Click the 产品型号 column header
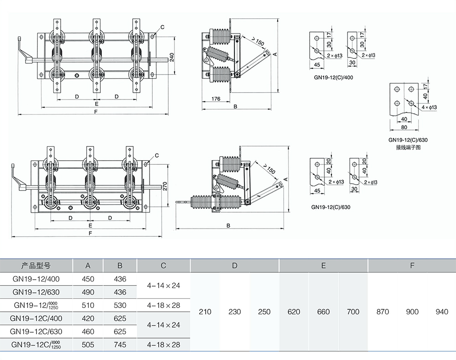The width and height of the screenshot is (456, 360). (x=36, y=266)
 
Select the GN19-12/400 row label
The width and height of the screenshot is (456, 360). (x=36, y=279)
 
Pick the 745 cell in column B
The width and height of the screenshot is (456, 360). (x=120, y=345)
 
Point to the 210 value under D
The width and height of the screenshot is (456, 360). (x=205, y=312)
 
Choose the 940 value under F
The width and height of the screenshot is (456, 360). (x=441, y=312)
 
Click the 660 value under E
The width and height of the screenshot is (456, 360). (x=323, y=312)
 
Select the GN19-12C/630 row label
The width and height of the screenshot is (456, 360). (x=36, y=332)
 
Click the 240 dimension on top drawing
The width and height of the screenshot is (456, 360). (x=172, y=57)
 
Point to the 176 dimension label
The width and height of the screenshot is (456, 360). (x=216, y=99)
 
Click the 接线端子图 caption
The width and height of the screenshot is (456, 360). (x=408, y=147)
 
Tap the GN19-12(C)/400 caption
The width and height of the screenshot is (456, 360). (x=333, y=78)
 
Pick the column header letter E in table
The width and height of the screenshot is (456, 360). (x=323, y=266)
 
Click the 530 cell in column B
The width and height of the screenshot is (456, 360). (x=120, y=305)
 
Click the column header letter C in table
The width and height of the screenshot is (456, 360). (x=164, y=266)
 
